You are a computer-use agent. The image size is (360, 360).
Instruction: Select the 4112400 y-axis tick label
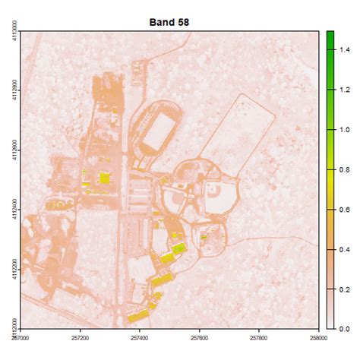9,210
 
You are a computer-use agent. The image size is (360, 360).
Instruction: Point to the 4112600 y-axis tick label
9,150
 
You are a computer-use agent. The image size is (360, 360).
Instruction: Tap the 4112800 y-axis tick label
9,90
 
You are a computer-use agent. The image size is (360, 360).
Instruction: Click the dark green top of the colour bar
330,38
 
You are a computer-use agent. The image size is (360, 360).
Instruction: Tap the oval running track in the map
156,130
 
